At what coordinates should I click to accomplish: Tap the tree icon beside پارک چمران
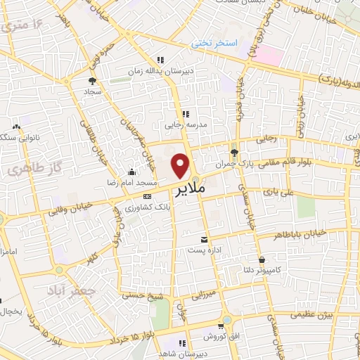click(234, 153)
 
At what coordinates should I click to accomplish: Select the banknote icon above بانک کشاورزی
click(147, 197)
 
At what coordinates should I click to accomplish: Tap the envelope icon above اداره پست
click(204, 239)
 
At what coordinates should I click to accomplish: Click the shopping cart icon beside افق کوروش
click(221, 326)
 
